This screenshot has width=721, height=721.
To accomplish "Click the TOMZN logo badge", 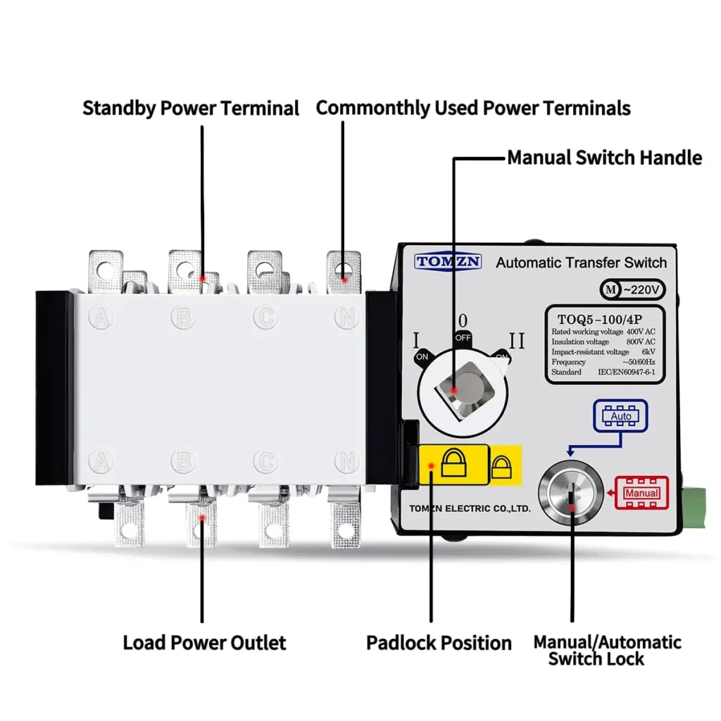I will (x=448, y=262).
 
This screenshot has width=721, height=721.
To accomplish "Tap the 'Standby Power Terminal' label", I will (x=191, y=108).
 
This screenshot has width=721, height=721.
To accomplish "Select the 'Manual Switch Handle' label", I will (x=604, y=157).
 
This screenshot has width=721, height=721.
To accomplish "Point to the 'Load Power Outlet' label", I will (x=204, y=643).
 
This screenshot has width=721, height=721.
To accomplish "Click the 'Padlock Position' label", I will (x=439, y=643).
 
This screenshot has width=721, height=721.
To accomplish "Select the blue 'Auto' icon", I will (x=620, y=416).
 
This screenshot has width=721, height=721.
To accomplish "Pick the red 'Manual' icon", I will (x=641, y=493).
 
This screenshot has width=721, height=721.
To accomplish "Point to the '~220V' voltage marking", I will (x=631, y=289).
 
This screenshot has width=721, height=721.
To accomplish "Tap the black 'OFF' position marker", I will (x=463, y=337).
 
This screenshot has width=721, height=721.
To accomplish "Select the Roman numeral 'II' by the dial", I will (x=517, y=341).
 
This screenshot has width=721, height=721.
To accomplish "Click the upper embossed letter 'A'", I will (x=102, y=318).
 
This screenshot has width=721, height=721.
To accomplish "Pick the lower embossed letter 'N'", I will (x=346, y=461).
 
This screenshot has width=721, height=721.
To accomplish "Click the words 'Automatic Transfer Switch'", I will (x=581, y=263).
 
